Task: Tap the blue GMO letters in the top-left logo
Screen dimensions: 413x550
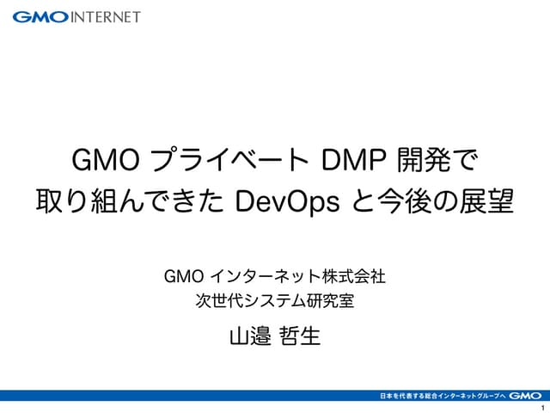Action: click(x=39, y=16)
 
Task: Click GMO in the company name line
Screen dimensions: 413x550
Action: click(x=182, y=277)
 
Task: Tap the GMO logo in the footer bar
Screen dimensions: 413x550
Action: click(x=523, y=396)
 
